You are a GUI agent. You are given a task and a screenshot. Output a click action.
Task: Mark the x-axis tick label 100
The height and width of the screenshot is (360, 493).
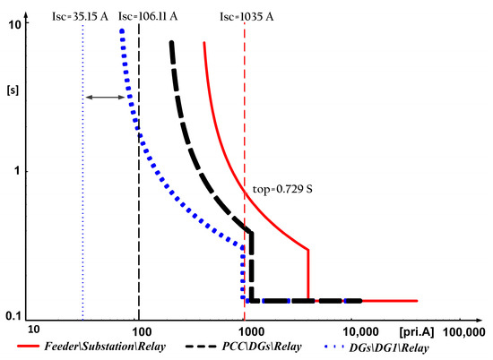pos(138,330)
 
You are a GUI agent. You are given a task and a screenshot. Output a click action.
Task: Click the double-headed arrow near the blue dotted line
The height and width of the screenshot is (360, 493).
pos(105,96)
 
